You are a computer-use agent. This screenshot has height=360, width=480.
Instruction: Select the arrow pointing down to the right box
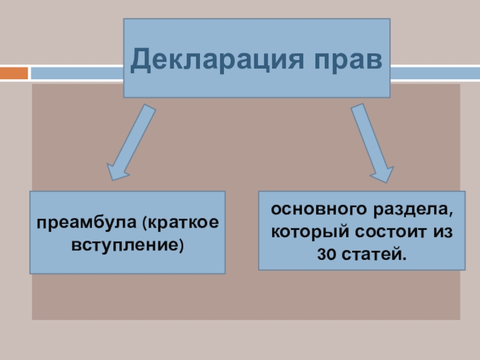pyautogui.click(x=370, y=142)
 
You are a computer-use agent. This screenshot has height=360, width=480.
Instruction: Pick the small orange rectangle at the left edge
pyautogui.click(x=14, y=73)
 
